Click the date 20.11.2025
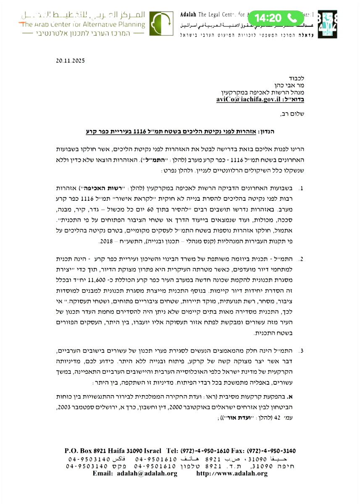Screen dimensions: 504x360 click(70, 60)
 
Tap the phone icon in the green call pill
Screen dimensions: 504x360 click(292, 18)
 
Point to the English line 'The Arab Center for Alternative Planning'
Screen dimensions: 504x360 click(82, 24)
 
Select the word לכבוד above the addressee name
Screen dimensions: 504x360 click(297, 78)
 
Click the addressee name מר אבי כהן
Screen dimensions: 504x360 click(289, 86)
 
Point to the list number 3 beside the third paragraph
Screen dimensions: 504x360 click(301, 350)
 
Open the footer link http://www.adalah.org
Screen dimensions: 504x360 click(232, 473)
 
